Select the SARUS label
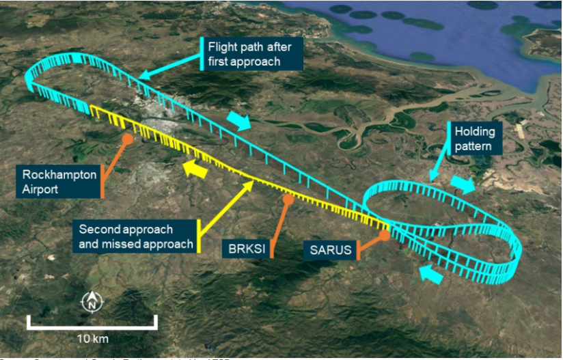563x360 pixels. click(331, 249)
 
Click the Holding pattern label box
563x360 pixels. click(471, 138)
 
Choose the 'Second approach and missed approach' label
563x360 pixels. click(135, 236)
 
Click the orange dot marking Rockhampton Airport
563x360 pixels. click(127, 139)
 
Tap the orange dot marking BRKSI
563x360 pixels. click(288, 199)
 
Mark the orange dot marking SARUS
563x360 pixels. click(385, 235)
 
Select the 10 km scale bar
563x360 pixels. click(92, 322)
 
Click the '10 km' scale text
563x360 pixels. click(92, 338)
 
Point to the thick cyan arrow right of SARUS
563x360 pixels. click(430, 273)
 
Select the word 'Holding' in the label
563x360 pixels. click(471, 131)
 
